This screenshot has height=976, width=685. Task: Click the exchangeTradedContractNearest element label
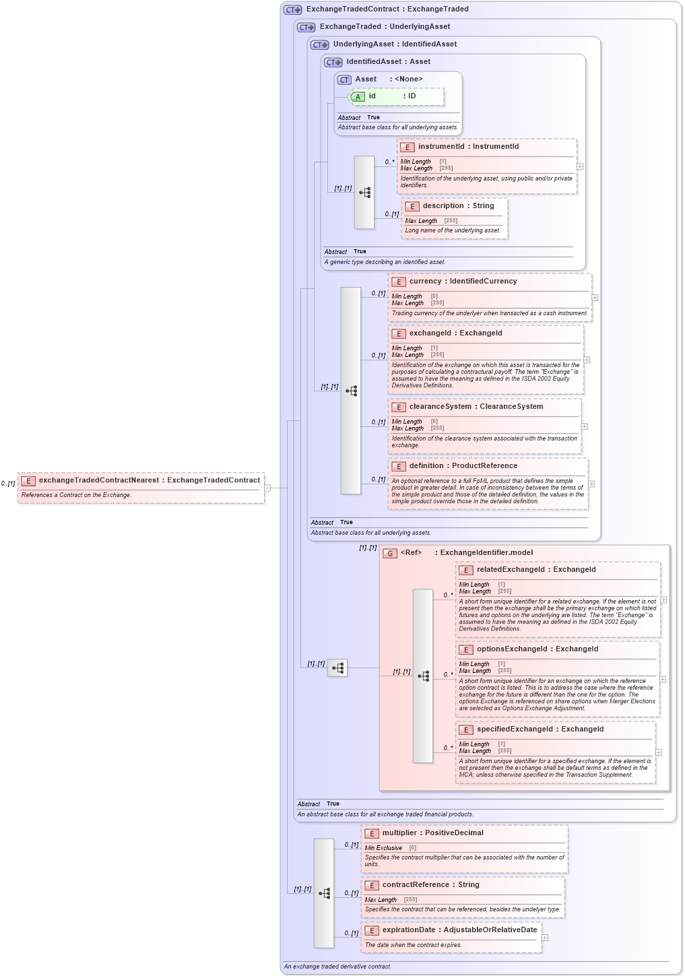tap(149, 480)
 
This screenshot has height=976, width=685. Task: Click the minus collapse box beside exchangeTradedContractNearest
tap(267, 488)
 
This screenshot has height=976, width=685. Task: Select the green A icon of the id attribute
tap(358, 97)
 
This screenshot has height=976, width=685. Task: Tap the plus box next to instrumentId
tap(580, 166)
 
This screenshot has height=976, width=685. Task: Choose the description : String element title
tap(458, 206)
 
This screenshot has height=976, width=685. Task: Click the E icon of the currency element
tap(399, 282)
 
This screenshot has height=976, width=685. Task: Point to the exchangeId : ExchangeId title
tap(455, 333)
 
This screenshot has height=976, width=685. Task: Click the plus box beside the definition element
tap(591, 484)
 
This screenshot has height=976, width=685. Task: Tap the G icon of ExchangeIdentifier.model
tap(390, 553)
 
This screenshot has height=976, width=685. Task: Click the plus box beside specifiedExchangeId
tap(659, 752)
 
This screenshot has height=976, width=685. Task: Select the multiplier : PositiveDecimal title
tap(432, 833)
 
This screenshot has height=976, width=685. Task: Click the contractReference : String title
tap(431, 885)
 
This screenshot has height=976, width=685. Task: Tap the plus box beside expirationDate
tap(545, 938)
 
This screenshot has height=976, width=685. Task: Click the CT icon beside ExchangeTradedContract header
tap(293, 9)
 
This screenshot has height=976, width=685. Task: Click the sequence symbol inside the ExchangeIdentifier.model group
tap(423, 676)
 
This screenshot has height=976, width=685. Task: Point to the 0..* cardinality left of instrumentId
tap(389, 162)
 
